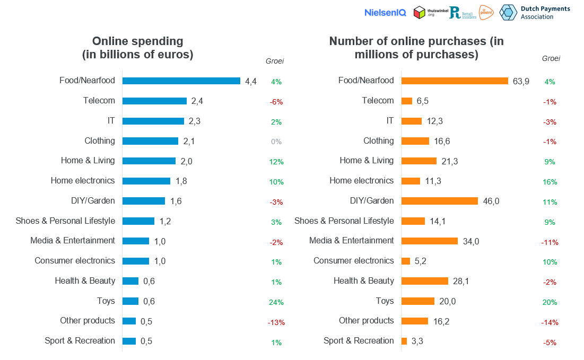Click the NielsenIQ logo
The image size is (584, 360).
385,13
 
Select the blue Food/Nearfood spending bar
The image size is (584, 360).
181,81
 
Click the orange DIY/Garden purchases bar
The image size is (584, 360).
440,201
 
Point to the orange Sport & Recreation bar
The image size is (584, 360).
404,341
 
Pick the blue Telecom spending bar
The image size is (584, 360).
154,101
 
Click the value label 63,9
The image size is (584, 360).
521,81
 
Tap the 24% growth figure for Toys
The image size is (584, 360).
276,302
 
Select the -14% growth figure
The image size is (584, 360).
550,322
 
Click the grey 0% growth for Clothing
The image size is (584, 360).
276,142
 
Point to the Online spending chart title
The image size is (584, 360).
137,48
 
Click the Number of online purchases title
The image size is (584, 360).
416,48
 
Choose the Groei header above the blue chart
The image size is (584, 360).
274,61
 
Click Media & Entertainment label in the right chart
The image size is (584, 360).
352,241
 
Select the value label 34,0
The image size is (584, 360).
471,241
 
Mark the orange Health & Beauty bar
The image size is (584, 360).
425,281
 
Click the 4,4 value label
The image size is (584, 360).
251,81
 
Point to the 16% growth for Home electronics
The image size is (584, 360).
550,182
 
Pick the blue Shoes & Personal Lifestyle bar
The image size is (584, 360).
138,221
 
